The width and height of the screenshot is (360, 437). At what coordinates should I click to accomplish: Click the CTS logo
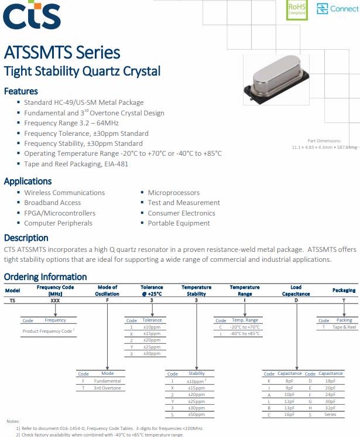(32, 15)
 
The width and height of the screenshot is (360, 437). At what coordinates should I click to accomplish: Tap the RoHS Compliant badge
(297, 10)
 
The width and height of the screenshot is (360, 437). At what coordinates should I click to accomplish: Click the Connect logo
(337, 9)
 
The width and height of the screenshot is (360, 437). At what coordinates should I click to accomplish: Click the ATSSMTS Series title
(62, 52)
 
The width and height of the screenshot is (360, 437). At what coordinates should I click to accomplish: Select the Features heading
(20, 91)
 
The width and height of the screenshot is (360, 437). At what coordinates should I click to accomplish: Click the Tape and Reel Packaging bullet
(76, 164)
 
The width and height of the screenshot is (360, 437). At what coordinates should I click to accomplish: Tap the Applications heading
(28, 181)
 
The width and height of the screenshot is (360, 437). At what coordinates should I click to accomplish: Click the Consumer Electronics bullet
(181, 213)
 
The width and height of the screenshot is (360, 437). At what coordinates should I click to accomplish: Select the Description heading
(26, 238)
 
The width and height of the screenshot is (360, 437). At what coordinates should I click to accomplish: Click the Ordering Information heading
(45, 276)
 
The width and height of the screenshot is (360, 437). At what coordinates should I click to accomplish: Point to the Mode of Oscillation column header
(107, 291)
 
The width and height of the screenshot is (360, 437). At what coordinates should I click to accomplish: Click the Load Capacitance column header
(296, 291)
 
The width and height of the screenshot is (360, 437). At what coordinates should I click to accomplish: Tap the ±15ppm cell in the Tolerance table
(152, 334)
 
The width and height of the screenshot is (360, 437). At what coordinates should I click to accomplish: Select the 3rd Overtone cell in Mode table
(107, 388)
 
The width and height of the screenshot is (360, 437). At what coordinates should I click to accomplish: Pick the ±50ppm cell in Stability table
(196, 415)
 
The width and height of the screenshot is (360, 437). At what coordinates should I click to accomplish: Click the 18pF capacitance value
(330, 381)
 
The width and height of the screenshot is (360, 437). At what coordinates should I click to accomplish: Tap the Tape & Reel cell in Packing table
(344, 327)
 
